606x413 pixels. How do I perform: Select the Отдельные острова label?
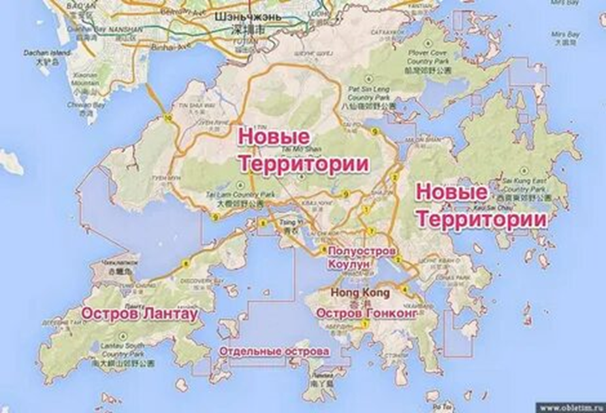[274, 352]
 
